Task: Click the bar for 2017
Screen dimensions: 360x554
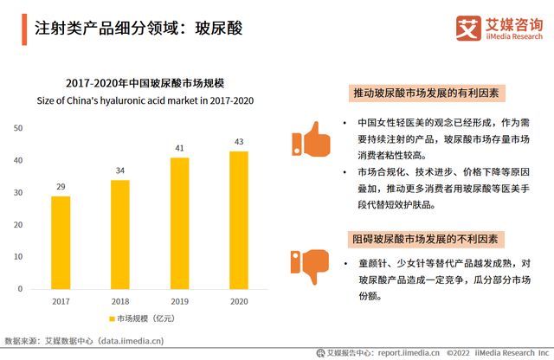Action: coord(61,245)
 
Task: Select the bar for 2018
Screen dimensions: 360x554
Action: coord(120,236)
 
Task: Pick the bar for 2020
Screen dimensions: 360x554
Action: coord(239,222)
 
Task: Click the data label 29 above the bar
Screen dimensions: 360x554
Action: coord(61,187)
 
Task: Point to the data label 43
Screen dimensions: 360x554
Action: coord(239,142)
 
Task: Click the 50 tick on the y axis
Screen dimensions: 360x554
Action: coord(17,128)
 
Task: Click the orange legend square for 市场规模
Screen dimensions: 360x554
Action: coord(112,319)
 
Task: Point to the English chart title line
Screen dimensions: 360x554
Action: coord(145,100)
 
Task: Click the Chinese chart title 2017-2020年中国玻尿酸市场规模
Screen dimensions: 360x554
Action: coord(145,84)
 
